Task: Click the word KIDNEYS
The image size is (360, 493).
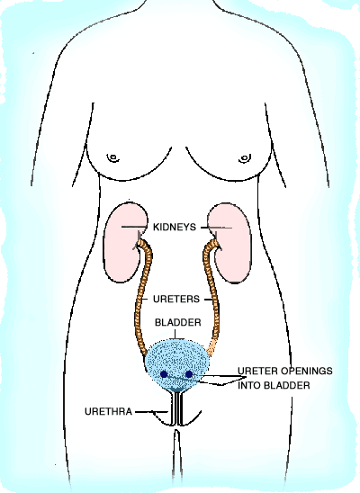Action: (x=175, y=227)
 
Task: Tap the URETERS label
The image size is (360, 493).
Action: (x=176, y=299)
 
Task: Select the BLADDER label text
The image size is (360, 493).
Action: (x=177, y=322)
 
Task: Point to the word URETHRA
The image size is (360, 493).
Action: (x=108, y=411)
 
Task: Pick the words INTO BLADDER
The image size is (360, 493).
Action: (x=274, y=385)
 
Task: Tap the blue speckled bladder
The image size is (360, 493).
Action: (x=176, y=364)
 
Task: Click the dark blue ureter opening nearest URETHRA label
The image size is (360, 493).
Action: (x=164, y=374)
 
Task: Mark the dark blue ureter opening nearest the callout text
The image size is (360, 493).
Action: (x=189, y=374)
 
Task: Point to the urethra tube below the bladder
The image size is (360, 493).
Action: (x=177, y=408)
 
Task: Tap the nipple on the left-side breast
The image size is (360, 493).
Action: (x=112, y=157)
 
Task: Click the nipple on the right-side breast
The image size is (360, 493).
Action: (x=245, y=157)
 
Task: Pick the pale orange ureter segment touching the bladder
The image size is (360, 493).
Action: (x=211, y=348)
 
